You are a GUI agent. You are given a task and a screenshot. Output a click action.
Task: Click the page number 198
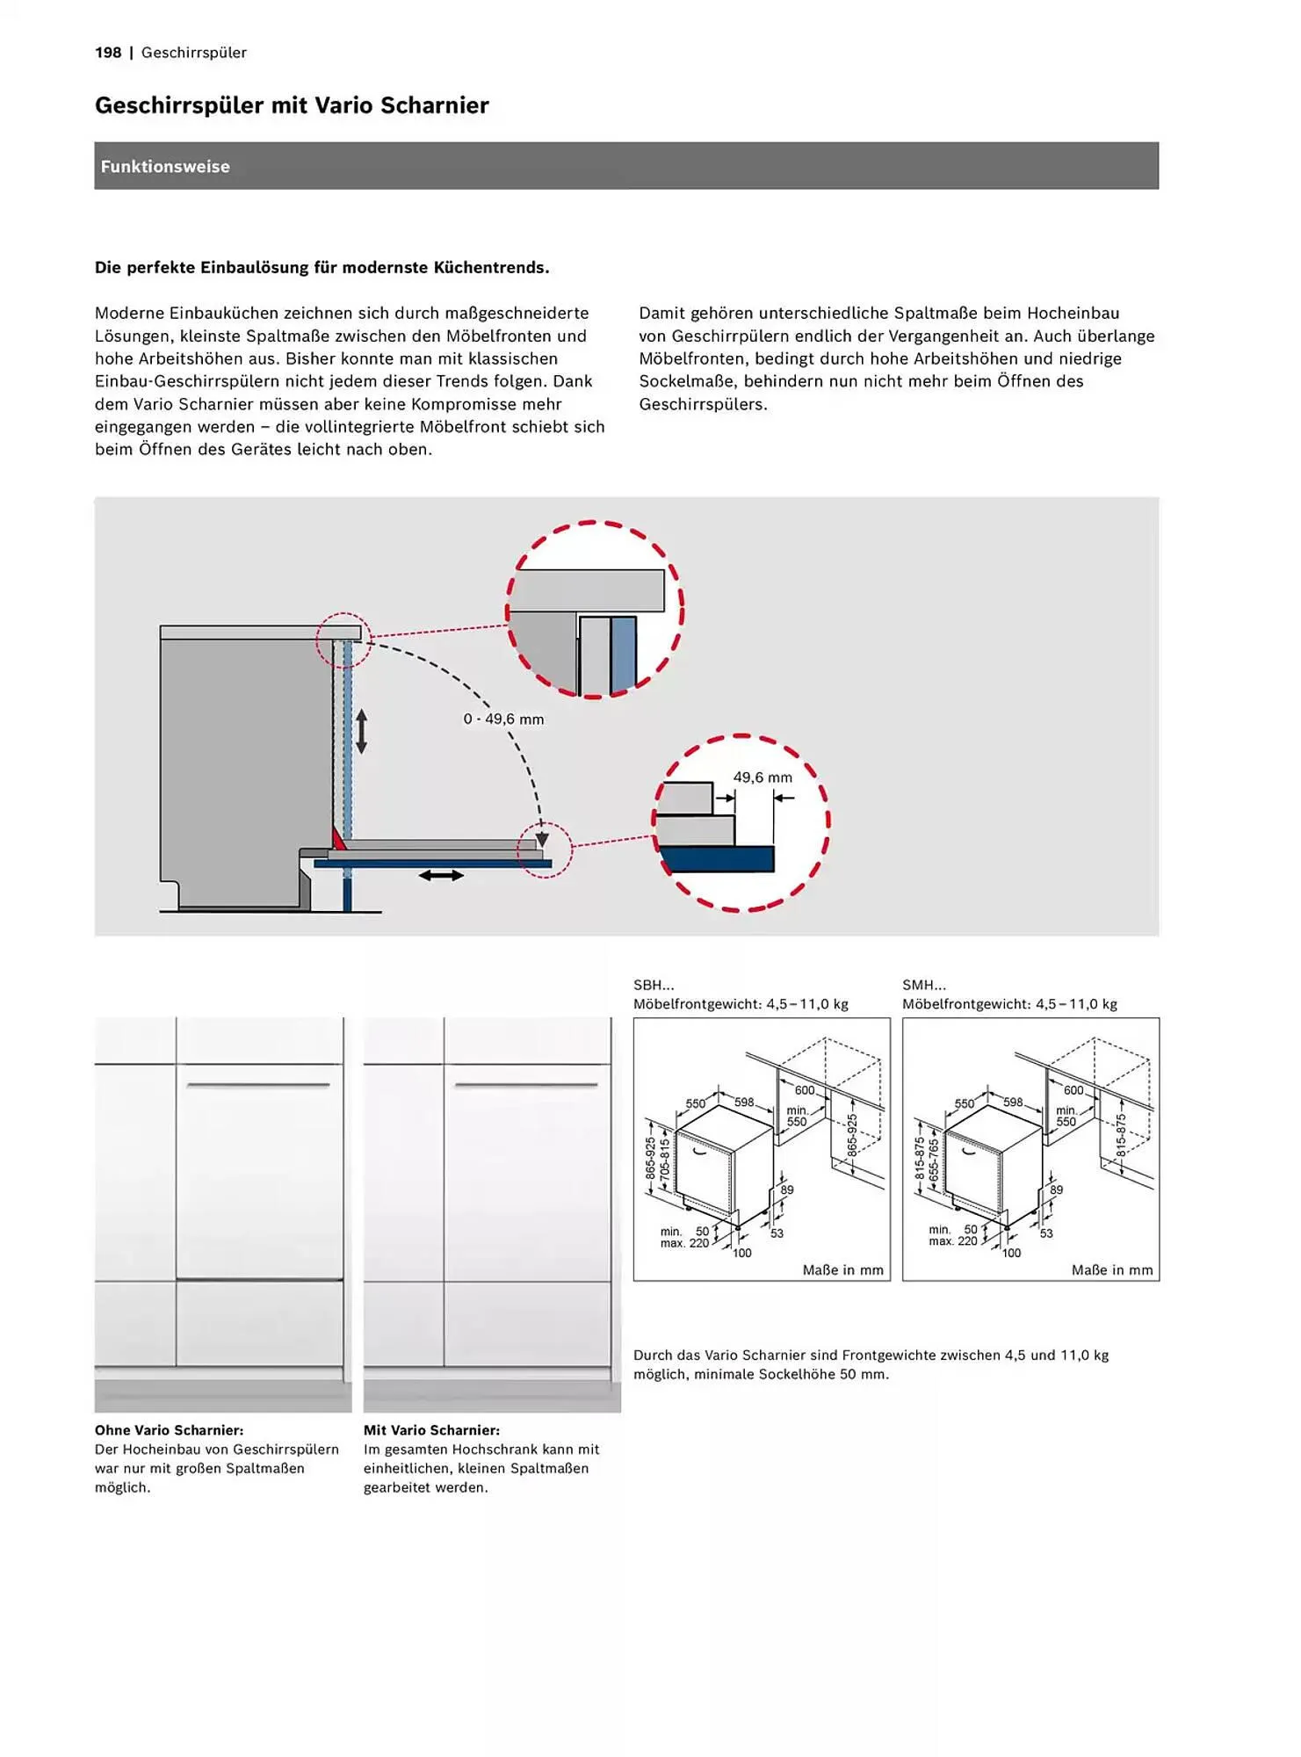pyautogui.click(x=108, y=53)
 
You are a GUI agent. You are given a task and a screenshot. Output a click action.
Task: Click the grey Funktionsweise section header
pyautogui.click(x=625, y=166)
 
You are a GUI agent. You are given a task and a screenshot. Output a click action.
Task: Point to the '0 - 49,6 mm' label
pyautogui.click(x=503, y=719)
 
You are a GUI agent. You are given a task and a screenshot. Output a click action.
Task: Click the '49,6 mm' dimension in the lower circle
pyautogui.click(x=762, y=777)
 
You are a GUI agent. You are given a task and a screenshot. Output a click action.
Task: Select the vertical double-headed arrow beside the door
pyautogui.click(x=360, y=731)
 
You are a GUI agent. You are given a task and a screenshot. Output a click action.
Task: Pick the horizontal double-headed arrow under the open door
pyautogui.click(x=441, y=875)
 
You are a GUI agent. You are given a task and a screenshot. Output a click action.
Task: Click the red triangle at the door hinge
pyautogui.click(x=337, y=839)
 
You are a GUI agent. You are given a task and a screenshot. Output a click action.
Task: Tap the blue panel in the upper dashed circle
pyautogui.click(x=623, y=652)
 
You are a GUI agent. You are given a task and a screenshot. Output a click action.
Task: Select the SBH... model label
pyautogui.click(x=654, y=986)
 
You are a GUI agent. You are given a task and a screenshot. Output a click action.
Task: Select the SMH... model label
pyautogui.click(x=923, y=986)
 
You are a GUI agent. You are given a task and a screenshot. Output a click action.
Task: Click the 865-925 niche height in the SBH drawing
pyautogui.click(x=851, y=1134)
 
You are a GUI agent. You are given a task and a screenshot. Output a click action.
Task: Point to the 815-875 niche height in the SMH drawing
pyautogui.click(x=1121, y=1134)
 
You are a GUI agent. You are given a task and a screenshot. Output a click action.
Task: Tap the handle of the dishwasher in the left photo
pyautogui.click(x=257, y=1086)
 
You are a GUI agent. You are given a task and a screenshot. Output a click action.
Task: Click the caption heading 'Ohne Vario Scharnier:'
pyautogui.click(x=169, y=1430)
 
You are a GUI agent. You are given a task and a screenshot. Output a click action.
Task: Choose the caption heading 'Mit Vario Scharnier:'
pyautogui.click(x=431, y=1430)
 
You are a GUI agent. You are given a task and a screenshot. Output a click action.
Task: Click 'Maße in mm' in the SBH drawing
pyautogui.click(x=842, y=1270)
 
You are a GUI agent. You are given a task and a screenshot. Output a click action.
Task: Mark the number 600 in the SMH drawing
pyautogui.click(x=1073, y=1090)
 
